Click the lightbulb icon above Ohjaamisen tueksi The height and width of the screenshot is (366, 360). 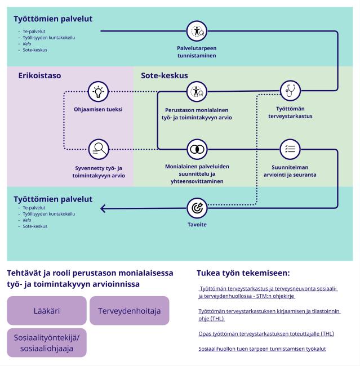99,91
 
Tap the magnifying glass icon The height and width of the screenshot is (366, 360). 99,149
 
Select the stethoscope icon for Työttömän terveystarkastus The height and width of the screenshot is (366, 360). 290,91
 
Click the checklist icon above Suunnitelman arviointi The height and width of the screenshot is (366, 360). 290,149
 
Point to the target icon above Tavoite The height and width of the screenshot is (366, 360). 197,208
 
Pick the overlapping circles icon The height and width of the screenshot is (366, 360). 197,149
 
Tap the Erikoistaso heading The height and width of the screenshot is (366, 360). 39,75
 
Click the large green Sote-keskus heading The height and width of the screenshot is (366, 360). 164,75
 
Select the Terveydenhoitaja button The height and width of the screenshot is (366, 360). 129,310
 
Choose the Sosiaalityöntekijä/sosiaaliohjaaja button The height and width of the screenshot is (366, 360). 47,342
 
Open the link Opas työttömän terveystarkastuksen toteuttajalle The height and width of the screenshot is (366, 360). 266,333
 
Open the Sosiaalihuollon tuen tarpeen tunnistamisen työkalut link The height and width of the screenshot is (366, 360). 262,349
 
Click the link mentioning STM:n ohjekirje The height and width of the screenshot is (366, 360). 268,292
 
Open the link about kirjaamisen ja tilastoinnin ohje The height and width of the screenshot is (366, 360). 269,314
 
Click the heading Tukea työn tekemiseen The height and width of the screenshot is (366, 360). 243,273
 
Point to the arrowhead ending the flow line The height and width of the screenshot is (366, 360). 103,208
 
